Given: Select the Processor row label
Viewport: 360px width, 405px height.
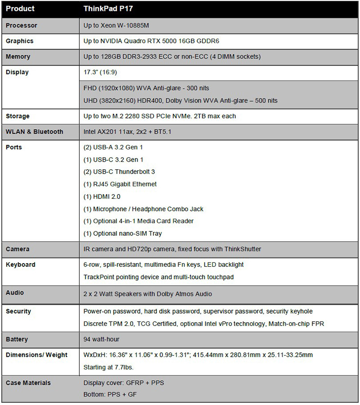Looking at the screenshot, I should point(22,26).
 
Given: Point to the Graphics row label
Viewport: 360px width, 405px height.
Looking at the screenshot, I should point(20,41).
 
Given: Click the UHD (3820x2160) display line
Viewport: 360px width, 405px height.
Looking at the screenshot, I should point(180,100).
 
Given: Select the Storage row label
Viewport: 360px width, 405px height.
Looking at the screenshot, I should point(18,116).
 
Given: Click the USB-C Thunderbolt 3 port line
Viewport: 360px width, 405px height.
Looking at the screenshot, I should point(119,172).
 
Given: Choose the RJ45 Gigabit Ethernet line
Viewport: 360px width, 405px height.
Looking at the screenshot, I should point(120,184).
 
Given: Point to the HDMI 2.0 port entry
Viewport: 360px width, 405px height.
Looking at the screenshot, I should point(102,197).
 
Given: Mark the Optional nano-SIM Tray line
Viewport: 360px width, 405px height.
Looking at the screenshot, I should point(123,234).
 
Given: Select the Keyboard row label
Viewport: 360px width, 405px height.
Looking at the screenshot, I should point(21,265).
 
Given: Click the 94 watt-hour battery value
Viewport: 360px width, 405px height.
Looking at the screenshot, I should point(102,339).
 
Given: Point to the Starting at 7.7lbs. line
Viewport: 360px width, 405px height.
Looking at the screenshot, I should point(108,367).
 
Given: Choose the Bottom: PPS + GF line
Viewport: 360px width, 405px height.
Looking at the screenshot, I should point(110,395).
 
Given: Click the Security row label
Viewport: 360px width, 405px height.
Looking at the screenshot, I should point(18,311).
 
